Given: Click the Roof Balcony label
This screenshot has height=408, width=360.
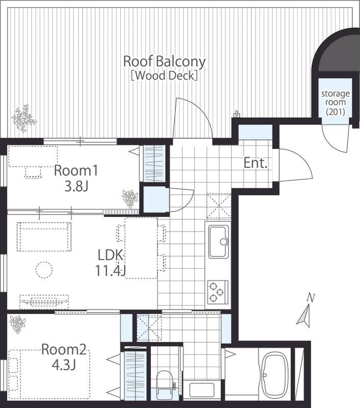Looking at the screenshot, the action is [164, 62].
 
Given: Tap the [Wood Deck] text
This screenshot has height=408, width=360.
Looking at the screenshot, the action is [164, 75].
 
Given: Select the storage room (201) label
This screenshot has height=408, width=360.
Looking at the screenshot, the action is [336, 103].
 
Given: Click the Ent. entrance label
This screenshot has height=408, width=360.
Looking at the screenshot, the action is [255, 163].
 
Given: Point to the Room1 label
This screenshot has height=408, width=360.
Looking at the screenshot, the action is [76, 171].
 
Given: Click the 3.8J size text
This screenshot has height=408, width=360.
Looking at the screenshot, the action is [76, 186].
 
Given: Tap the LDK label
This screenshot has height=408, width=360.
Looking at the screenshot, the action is [110, 255].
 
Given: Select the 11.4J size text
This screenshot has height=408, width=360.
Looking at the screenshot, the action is [110, 270].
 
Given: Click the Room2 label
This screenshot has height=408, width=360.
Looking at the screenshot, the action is [64, 349].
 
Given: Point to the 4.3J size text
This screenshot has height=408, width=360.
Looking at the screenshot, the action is [64, 365].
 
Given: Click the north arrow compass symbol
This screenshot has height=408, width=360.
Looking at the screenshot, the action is [305, 311].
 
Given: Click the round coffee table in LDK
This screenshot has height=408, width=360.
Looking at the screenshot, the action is [44, 270].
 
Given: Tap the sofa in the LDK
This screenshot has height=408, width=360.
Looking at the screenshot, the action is [44, 237].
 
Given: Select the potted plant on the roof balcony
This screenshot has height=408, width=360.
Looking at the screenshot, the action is [24, 119].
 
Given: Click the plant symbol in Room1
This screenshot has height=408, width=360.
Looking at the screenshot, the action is [130, 198].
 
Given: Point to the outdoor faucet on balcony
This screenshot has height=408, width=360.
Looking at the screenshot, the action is [237, 114].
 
